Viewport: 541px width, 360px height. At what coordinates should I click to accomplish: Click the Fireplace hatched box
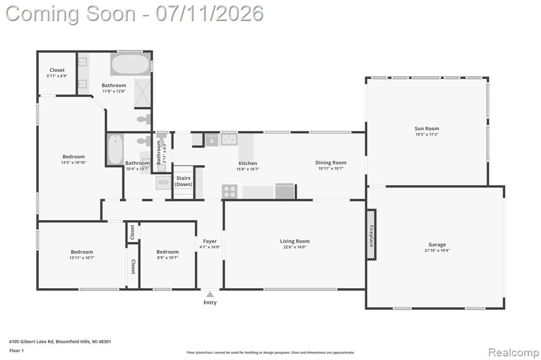coord(371,234)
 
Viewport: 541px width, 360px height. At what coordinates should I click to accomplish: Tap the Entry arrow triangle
coord(210,294)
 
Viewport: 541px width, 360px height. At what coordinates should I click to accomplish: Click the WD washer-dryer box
coord(163,183)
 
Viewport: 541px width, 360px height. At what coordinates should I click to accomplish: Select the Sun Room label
coord(427,129)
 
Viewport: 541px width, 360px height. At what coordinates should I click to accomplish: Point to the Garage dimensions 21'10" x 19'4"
coord(437,250)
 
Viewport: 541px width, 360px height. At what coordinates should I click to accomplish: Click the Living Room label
coord(295,241)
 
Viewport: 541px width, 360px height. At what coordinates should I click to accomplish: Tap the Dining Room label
coord(331,163)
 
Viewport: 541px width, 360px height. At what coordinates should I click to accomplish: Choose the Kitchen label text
coord(248,163)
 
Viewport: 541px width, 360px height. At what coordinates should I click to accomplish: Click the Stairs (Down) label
coord(183,181)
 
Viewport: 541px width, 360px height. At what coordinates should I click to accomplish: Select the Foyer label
coord(210,241)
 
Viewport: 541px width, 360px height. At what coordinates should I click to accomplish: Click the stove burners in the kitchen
coord(229,192)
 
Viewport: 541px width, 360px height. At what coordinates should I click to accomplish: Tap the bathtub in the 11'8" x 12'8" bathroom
coord(130,64)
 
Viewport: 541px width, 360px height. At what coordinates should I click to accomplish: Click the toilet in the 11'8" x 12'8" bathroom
coord(144,120)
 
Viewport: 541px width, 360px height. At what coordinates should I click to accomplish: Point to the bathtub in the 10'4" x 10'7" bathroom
coord(115,149)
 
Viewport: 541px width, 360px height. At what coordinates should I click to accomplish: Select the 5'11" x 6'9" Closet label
coord(57,70)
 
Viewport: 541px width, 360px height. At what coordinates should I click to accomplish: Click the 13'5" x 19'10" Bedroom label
coord(73,157)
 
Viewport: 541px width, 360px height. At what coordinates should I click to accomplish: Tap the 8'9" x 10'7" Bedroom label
coord(167,252)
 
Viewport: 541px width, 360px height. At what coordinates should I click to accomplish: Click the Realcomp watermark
coord(514,352)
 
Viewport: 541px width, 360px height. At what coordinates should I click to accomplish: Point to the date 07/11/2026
coord(210,14)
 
